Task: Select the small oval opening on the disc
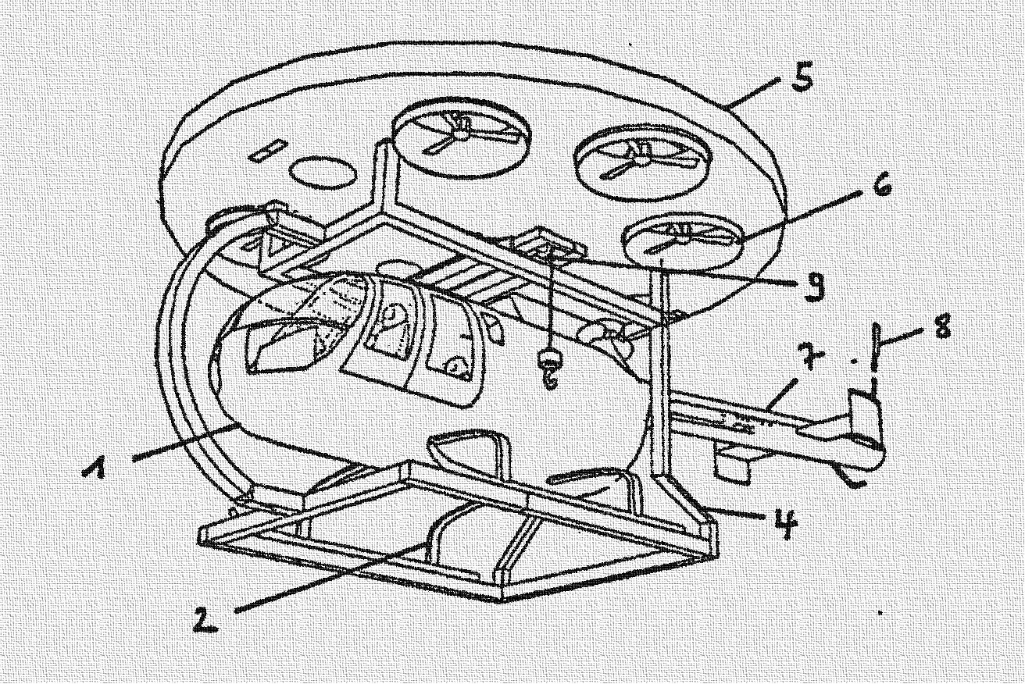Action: coord(323,172)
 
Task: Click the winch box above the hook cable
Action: coord(549,244)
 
